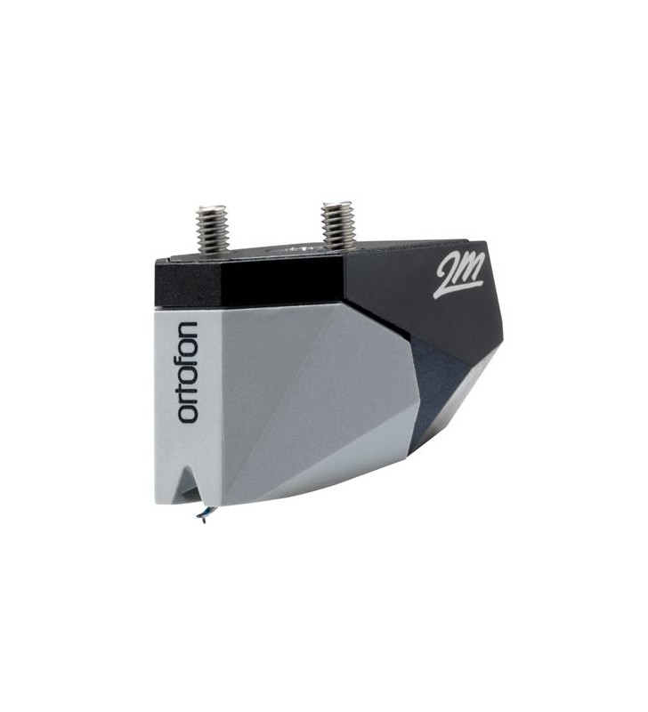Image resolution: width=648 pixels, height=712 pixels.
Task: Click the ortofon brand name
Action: point(188,372)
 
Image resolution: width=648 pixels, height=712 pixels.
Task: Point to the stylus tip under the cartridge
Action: point(204,520)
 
